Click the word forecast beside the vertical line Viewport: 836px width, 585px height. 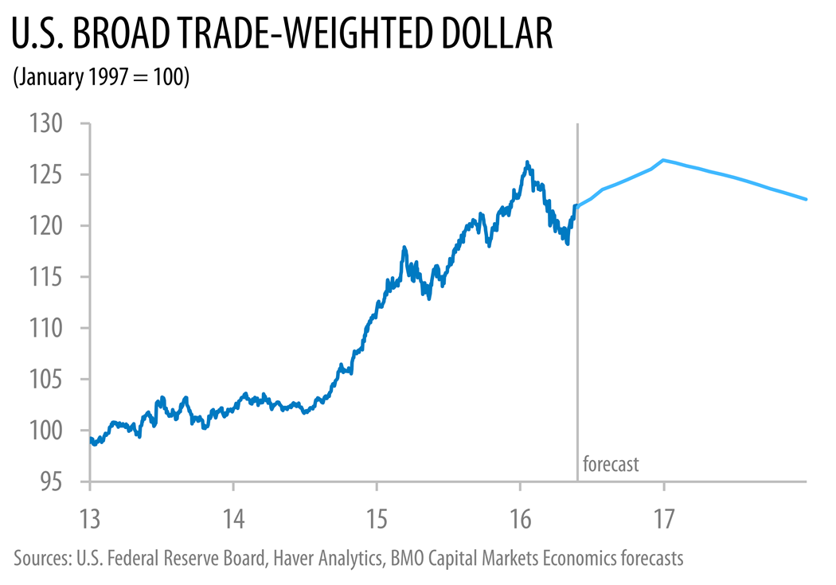(x=611, y=464)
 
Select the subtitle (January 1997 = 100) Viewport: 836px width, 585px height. (x=100, y=78)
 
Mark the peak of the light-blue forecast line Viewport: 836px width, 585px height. (x=663, y=160)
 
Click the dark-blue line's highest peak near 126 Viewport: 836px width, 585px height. (x=527, y=162)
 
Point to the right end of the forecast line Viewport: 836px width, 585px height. (x=806, y=199)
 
